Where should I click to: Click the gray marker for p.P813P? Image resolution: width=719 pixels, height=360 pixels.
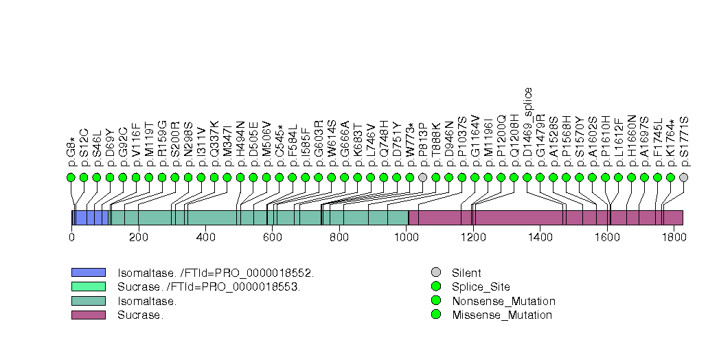tap(423, 177)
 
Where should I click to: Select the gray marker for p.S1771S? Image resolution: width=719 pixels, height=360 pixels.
tap(683, 177)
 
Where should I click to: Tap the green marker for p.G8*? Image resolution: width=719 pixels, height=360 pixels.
tap(71, 177)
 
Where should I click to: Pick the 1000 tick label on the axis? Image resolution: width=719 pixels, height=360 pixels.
tap(406, 237)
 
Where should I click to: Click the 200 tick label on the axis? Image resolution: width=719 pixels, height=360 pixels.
tap(138, 237)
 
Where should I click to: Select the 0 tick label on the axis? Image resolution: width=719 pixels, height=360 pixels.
tap(71, 237)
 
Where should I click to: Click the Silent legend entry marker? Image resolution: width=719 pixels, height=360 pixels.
tap(435, 273)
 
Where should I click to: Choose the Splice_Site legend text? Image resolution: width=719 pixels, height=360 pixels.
tap(481, 287)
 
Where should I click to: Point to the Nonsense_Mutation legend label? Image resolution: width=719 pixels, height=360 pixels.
tap(503, 301)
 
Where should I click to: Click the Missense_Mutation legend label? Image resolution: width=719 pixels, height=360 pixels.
tap(502, 315)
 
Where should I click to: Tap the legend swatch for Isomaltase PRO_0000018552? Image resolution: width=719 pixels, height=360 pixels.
tap(88, 273)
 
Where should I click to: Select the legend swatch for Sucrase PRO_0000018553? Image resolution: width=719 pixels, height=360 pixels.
tap(88, 286)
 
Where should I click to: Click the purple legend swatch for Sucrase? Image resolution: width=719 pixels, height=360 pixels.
tap(88, 315)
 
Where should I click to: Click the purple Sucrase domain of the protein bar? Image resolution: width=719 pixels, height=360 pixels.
tap(545, 218)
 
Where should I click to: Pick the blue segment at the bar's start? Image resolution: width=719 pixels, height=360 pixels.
tap(91, 218)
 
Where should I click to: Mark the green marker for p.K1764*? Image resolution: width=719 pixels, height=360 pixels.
tap(670, 177)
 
